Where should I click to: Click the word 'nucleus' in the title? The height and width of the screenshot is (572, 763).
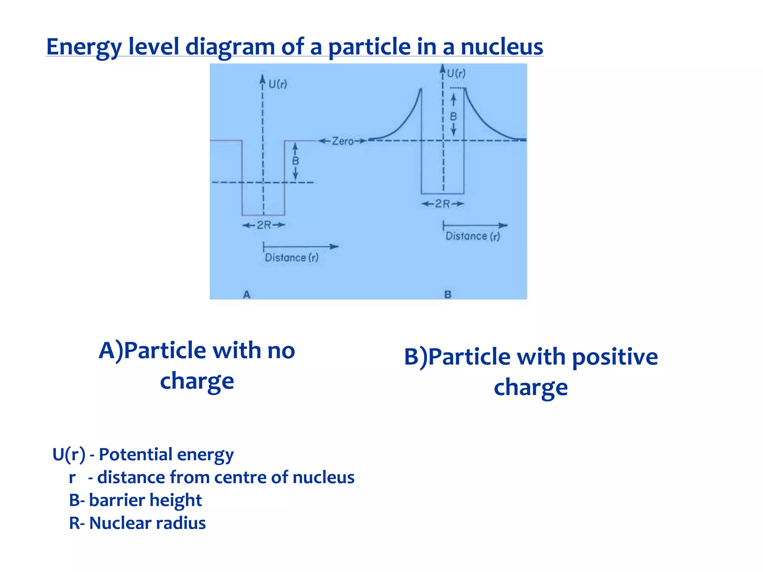(501, 47)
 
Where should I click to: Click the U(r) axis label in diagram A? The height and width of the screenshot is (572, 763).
(278, 84)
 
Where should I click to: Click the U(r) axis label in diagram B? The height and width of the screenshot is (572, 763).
(456, 73)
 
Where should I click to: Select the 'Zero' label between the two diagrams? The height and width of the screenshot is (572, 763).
(342, 141)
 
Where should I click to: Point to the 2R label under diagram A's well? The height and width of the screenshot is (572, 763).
(264, 225)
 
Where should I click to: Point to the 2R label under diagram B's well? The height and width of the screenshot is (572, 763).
(442, 204)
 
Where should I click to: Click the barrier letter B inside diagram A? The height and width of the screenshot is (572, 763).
(295, 161)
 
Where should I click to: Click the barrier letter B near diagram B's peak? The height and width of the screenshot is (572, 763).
(453, 117)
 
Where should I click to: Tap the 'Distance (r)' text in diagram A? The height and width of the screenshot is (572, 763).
(291, 258)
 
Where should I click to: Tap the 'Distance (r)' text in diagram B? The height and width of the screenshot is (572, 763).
(472, 236)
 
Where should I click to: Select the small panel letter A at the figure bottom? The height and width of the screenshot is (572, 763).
(247, 295)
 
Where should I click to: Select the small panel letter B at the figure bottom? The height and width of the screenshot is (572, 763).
(448, 295)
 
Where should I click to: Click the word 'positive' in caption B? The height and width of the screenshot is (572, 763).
(615, 357)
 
